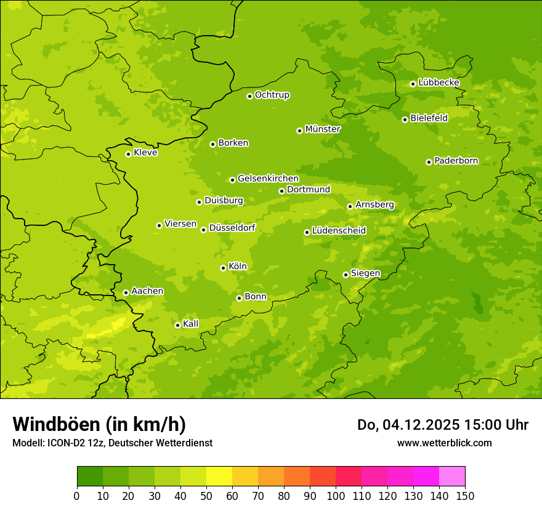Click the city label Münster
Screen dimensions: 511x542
click(x=323, y=129)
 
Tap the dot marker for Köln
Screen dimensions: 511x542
click(x=223, y=268)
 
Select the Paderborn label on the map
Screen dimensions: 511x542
click(x=456, y=161)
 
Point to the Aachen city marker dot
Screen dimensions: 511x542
click(x=126, y=292)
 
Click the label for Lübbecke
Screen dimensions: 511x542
click(x=439, y=82)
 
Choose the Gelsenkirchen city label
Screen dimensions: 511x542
click(x=268, y=179)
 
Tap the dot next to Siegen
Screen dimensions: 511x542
click(x=346, y=275)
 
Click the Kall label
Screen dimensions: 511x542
click(x=191, y=324)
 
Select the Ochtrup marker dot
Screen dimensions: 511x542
click(x=249, y=96)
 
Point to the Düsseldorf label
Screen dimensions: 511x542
click(x=232, y=228)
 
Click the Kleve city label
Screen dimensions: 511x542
click(x=145, y=153)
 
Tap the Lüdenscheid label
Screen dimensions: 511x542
click(x=339, y=231)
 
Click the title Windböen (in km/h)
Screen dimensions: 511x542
click(x=99, y=424)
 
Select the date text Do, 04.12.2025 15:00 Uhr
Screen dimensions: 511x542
click(x=443, y=425)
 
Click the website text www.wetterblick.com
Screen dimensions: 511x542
click(x=444, y=443)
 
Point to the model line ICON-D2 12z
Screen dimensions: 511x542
click(x=112, y=443)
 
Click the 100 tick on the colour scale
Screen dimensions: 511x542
click(x=336, y=496)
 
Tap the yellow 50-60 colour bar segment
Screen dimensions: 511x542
click(x=219, y=477)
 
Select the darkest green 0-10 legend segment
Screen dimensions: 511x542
click(x=90, y=477)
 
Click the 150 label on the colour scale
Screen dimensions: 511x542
click(x=465, y=496)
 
